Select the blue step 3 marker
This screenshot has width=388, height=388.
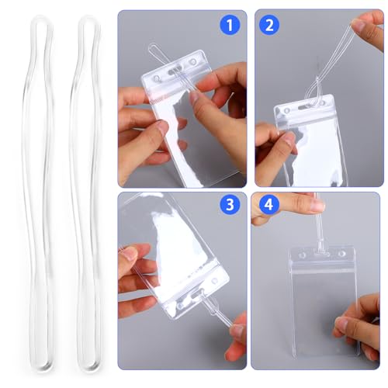(x=228, y=206)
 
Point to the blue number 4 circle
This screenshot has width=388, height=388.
(x=269, y=207)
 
